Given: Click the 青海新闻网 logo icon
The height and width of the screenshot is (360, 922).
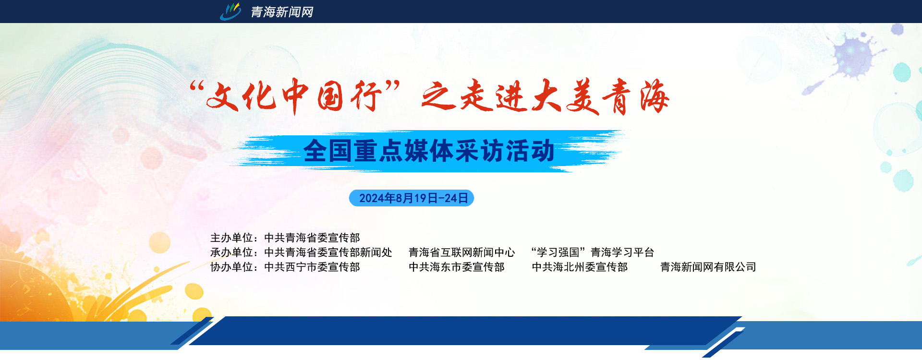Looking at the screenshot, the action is pyautogui.click(x=230, y=12).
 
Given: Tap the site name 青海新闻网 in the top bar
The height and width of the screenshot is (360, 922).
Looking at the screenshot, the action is pyautogui.click(x=282, y=12).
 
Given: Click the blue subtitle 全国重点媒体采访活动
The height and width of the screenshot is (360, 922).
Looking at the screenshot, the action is pyautogui.click(x=429, y=151).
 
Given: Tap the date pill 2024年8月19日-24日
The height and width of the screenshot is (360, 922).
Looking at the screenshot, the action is pyautogui.click(x=412, y=198).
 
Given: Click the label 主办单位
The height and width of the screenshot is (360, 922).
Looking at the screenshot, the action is pyautogui.click(x=231, y=238).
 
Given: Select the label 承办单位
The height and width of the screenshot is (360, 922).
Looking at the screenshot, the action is pyautogui.click(x=231, y=252).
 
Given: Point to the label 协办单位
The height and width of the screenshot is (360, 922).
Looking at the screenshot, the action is pyautogui.click(x=231, y=267).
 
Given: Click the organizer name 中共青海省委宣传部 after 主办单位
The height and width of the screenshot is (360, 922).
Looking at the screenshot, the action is pyautogui.click(x=312, y=238).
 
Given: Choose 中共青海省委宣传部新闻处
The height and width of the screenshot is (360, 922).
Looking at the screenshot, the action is pyautogui.click(x=328, y=252).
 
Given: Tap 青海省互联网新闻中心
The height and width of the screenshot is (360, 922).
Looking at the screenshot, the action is pyautogui.click(x=462, y=252).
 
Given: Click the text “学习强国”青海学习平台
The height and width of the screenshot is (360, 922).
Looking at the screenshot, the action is pyautogui.click(x=593, y=252).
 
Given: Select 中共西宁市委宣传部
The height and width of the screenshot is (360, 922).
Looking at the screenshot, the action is pyautogui.click(x=312, y=267).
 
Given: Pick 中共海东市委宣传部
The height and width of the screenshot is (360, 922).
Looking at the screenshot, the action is pyautogui.click(x=457, y=267).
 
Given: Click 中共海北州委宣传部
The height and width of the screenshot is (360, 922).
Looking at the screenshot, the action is pyautogui.click(x=580, y=267).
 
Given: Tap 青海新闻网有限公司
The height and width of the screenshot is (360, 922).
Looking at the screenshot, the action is pyautogui.click(x=708, y=267).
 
